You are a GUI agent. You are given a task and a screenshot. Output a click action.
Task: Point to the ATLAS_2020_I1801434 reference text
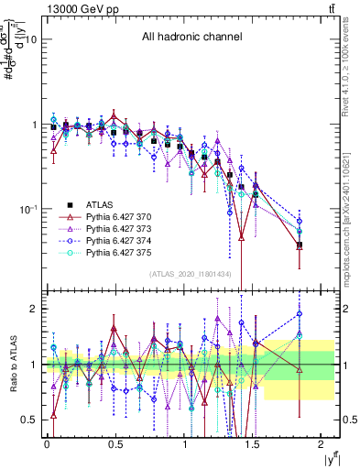point(189,275)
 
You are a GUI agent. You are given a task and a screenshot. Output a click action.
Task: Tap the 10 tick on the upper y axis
point(30,39)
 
